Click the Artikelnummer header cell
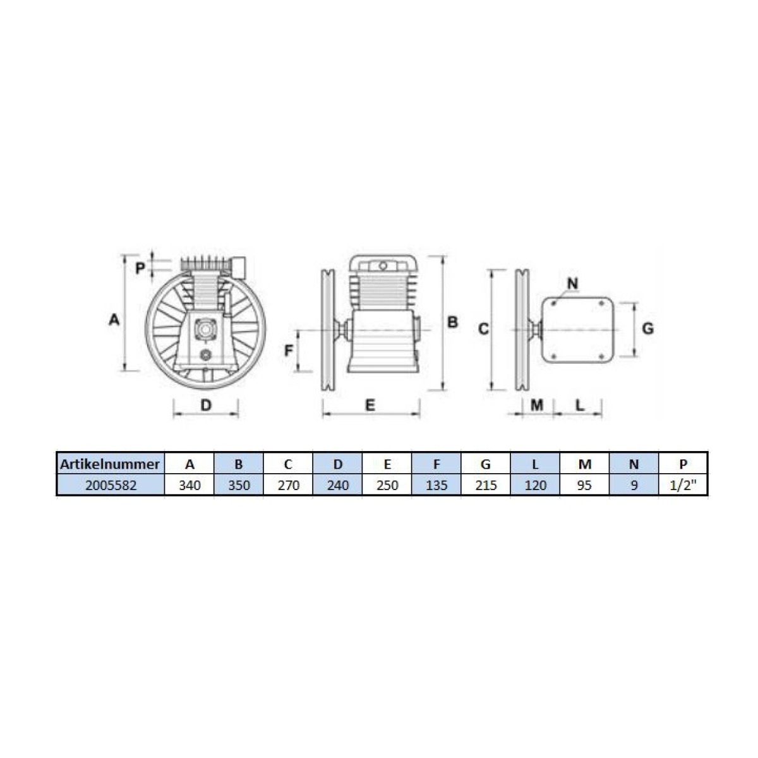tap(110, 464)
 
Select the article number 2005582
tap(111, 485)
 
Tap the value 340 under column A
tap(189, 485)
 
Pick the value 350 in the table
tap(239, 485)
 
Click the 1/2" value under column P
tap(683, 485)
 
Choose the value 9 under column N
tap(634, 485)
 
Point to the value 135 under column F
tap(436, 485)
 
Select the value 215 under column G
tap(486, 485)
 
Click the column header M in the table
tap(584, 464)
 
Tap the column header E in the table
tap(387, 464)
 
